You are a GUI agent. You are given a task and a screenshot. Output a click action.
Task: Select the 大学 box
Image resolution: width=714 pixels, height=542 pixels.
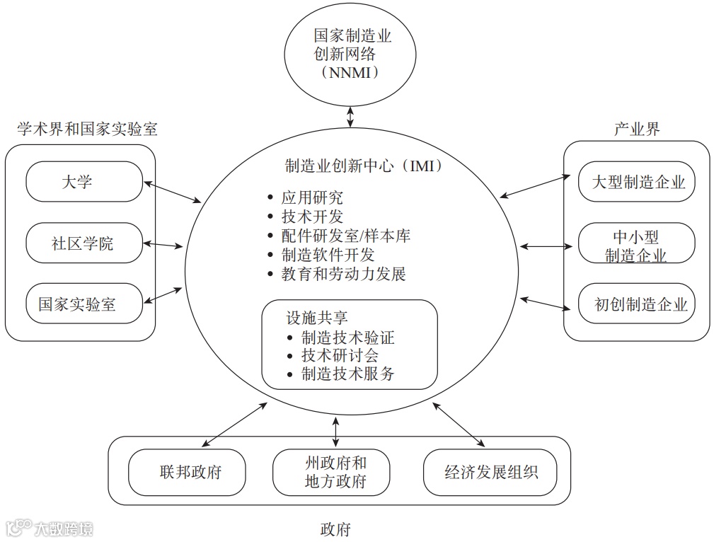click(x=84, y=182)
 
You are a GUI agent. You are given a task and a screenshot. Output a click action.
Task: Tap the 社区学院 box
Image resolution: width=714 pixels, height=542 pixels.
click(x=84, y=243)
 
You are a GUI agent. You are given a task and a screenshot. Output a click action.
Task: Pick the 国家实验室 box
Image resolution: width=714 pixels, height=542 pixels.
click(x=84, y=304)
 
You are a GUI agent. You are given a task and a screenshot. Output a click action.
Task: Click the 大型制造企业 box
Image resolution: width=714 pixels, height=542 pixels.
click(x=637, y=182)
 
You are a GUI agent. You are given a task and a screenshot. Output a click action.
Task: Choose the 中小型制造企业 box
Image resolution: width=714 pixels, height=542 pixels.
click(x=637, y=245)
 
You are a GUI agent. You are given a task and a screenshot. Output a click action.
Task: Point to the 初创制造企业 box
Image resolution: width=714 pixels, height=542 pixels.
click(x=637, y=304)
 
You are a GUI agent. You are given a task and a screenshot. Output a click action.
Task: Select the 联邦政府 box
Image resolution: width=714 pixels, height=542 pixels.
click(x=187, y=472)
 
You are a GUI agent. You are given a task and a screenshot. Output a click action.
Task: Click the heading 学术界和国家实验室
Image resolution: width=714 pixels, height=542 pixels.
click(x=87, y=129)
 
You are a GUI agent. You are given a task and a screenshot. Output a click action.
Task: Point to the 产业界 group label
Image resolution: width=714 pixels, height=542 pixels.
click(x=637, y=129)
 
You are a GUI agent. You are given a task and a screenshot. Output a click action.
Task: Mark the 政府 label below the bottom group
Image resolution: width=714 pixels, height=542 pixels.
click(x=335, y=529)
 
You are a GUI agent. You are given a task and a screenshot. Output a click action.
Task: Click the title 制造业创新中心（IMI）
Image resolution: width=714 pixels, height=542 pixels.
click(x=363, y=166)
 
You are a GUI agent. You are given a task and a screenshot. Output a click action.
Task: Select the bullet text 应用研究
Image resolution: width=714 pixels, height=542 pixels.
click(x=312, y=198)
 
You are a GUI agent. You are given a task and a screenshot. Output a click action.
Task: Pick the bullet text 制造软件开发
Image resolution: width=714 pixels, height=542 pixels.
click(x=328, y=255)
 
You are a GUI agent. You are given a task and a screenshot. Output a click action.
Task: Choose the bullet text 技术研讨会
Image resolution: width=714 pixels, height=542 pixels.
click(x=340, y=356)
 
